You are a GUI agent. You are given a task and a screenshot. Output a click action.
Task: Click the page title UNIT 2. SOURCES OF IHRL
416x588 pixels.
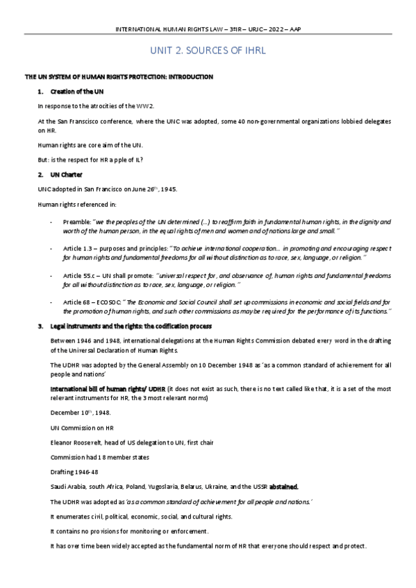pyautogui.click(x=208, y=51)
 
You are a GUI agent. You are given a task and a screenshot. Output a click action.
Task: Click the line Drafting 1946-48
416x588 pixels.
pyautogui.click(x=70, y=472)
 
